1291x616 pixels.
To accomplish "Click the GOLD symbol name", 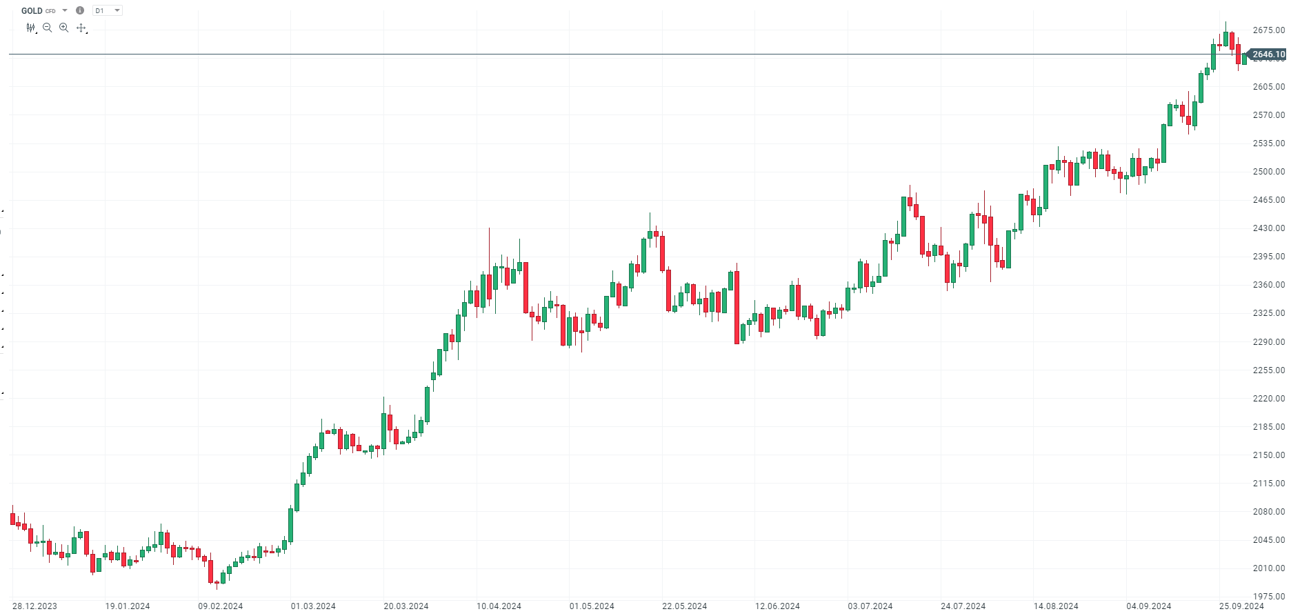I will point(32,11).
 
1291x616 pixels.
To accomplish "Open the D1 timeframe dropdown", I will point(108,11).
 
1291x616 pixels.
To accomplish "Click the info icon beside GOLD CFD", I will point(80,11).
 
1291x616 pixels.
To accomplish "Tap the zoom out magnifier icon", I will point(47,28).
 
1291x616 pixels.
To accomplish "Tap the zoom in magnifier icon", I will point(63,28).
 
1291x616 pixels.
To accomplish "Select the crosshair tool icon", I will point(81,28).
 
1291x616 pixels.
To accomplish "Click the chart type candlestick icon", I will point(30,28).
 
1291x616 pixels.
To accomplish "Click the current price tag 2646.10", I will point(1268,54).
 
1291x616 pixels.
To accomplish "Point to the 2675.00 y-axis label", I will point(1268,30).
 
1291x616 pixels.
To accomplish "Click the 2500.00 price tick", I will point(1268,172).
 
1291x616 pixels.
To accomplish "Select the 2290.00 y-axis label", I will point(1268,342).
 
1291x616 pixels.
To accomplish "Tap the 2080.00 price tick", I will point(1268,512).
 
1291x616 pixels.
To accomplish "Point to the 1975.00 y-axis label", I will point(1268,597).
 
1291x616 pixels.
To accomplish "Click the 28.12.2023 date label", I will point(34,606).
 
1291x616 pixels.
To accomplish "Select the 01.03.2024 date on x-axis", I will point(313,606).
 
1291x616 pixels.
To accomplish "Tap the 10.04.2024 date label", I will point(499,606).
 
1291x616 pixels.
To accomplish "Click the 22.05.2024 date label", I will point(684,606).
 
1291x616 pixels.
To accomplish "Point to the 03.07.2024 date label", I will point(870,606).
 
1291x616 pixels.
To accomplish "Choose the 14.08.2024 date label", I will point(1056,606).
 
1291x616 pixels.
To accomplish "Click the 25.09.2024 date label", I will point(1241,606).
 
